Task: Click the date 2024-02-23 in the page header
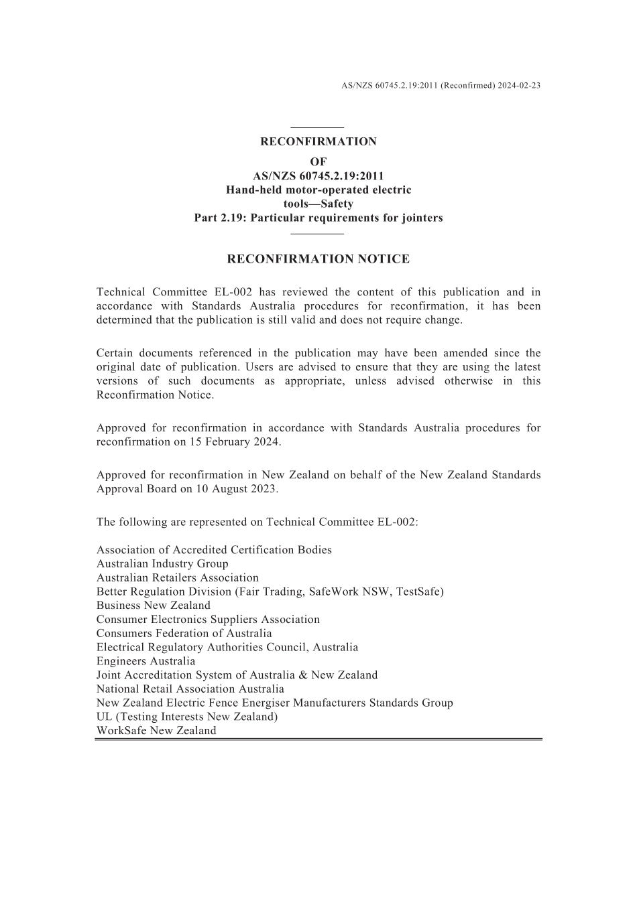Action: (x=519, y=86)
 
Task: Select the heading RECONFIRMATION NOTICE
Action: (x=318, y=259)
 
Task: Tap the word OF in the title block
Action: (x=318, y=161)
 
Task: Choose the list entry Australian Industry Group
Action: (x=162, y=564)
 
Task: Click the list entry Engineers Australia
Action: (x=146, y=661)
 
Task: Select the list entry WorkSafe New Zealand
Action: (x=156, y=731)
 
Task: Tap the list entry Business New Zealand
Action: (x=153, y=606)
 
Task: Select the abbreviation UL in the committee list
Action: (x=104, y=717)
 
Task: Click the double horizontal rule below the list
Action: (x=318, y=740)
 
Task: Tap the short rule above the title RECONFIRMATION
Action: (x=318, y=127)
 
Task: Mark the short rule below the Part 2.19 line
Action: (x=318, y=233)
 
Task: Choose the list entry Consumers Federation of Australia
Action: (x=184, y=634)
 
